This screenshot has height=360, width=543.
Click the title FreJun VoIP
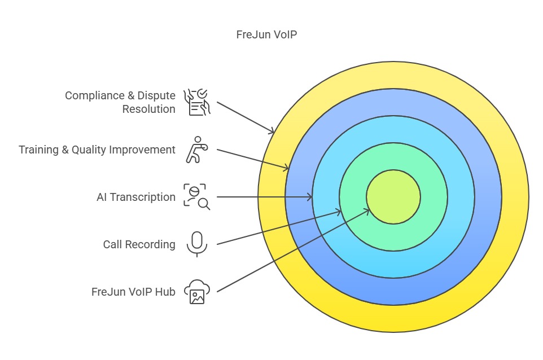click(x=266, y=34)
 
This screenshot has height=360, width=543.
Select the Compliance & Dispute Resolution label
click(x=120, y=102)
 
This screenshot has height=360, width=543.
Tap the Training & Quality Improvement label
click(x=97, y=150)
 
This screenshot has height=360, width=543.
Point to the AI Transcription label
click(x=136, y=197)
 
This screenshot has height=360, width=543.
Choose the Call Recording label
click(x=139, y=244)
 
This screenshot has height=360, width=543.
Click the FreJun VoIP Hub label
click(x=133, y=292)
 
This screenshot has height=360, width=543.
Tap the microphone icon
click(x=196, y=244)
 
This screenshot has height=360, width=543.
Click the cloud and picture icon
click(x=197, y=292)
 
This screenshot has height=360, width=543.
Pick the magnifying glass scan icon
click(x=196, y=196)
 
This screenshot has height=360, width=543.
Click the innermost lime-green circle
click(x=393, y=197)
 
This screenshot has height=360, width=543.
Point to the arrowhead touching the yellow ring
click(x=273, y=132)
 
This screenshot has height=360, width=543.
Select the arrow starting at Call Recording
click(x=279, y=227)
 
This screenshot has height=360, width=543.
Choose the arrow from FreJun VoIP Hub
click(x=294, y=251)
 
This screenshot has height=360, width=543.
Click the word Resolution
click(x=149, y=109)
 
